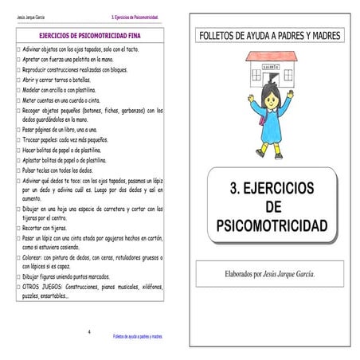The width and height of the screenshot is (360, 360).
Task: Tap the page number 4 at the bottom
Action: click(x=89, y=330)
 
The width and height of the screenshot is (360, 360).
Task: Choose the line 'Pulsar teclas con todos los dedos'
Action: click(x=57, y=170)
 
